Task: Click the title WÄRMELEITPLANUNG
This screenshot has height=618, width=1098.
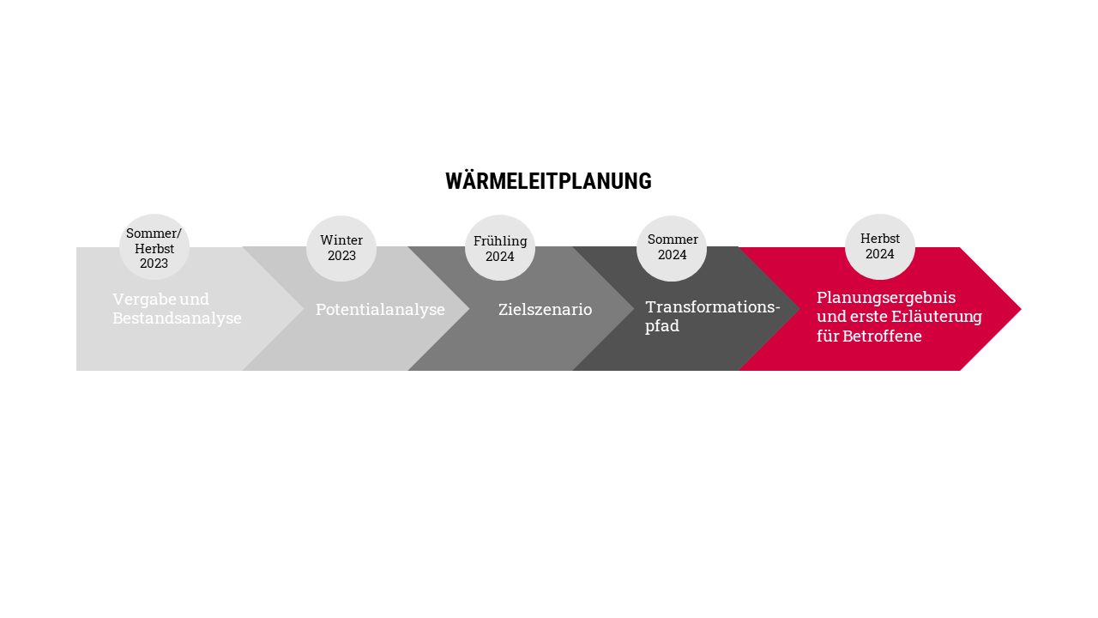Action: [x=548, y=180]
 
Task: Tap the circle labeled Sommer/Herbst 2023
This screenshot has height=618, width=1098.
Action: [x=154, y=246]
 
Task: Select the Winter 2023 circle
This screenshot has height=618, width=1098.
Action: [x=341, y=248]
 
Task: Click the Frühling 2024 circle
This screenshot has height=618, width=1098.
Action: [x=500, y=248]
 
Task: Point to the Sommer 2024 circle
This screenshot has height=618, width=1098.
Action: [x=672, y=248]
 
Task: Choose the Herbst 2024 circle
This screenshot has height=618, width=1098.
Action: [x=880, y=246]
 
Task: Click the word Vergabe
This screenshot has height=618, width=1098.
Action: [x=143, y=300]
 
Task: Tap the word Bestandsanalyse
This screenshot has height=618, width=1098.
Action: [x=177, y=318]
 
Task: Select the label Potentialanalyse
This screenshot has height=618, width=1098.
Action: [x=380, y=310]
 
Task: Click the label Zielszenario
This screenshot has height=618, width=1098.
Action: [x=545, y=310]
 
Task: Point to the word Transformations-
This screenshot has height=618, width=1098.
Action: [x=713, y=307]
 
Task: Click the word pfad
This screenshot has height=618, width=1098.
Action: [x=662, y=326]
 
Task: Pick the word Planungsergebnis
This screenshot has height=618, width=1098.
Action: [x=886, y=298]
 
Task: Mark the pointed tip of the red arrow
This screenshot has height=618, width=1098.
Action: [x=1021, y=309]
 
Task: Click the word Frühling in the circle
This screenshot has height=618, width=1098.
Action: [x=500, y=241]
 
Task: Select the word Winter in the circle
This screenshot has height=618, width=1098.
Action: [x=341, y=239]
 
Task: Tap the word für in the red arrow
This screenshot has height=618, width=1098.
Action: [x=828, y=336]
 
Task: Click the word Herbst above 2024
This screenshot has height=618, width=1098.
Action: [x=880, y=239]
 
